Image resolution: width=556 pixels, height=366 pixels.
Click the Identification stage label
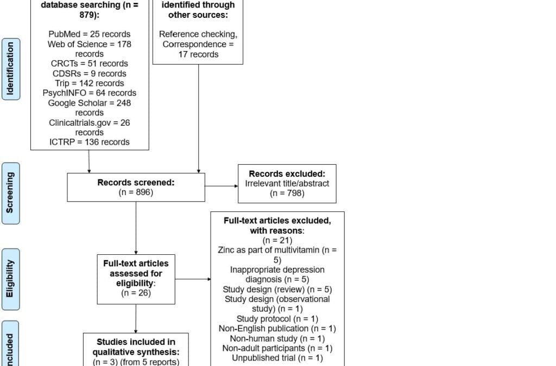pyautogui.click(x=11, y=69)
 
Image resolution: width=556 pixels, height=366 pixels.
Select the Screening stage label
pyautogui.click(x=11, y=193)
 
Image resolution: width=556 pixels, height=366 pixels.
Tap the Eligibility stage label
pyautogui.click(x=11, y=279)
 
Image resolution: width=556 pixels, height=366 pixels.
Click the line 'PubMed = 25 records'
pyautogui.click(x=89, y=34)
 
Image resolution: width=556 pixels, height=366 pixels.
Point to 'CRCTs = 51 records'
pyautogui.click(x=89, y=63)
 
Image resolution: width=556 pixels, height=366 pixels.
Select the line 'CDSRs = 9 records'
pyautogui.click(x=89, y=73)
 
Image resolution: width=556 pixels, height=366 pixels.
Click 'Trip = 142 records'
pyautogui.click(x=89, y=83)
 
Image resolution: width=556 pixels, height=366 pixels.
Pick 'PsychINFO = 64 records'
pyautogui.click(x=89, y=93)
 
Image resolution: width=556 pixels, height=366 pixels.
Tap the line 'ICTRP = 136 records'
pyautogui.click(x=89, y=142)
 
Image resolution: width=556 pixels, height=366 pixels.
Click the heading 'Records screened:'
pyautogui.click(x=136, y=182)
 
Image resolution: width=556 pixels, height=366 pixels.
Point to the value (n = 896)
pyautogui.click(x=136, y=192)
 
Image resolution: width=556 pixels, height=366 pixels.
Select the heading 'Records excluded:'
pyautogui.click(x=287, y=174)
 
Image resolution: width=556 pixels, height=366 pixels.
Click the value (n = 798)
pyautogui.click(x=287, y=193)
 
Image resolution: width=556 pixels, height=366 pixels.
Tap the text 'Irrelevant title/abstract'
pyautogui.click(x=287, y=183)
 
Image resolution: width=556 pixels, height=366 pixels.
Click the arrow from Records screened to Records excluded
pyautogui.click(x=221, y=187)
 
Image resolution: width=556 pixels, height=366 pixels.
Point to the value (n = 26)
pyautogui.click(x=136, y=293)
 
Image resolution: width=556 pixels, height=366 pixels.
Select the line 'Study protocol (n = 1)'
pyautogui.click(x=277, y=318)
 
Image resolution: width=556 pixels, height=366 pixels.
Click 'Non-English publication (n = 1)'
pyautogui.click(x=277, y=328)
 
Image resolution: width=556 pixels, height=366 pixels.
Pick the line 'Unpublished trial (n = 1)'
pyautogui.click(x=277, y=357)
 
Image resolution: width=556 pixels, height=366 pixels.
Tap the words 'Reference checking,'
pyautogui.click(x=198, y=34)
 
